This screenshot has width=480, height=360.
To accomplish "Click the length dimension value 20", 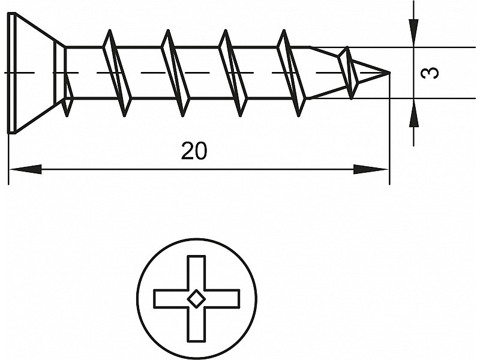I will (194, 151).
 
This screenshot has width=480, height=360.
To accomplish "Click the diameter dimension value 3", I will (430, 73).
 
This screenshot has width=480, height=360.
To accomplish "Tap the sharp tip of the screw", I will (388, 73).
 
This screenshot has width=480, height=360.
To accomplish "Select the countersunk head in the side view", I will (33, 72).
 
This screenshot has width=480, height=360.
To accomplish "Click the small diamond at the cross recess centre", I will (196, 298).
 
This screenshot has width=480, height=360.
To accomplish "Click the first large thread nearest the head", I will (117, 73).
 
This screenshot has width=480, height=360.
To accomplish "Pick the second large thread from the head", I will (175, 73).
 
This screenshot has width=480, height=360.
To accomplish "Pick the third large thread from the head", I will (233, 73).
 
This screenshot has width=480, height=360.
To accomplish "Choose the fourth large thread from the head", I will (291, 73).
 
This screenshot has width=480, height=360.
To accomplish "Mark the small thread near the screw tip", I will (349, 73).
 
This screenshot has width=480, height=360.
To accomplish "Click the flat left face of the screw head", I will (11, 72).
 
